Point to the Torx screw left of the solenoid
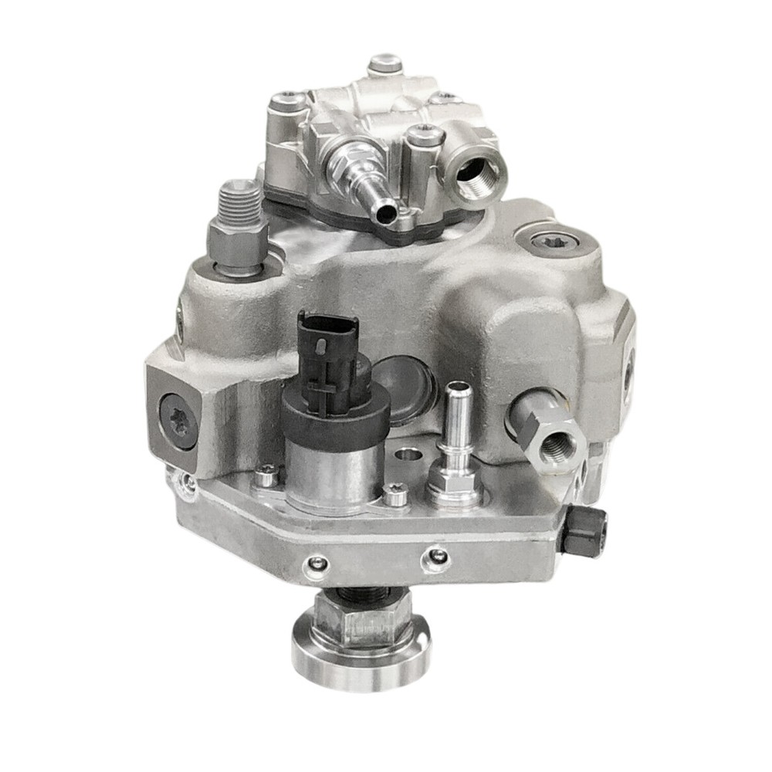click(266, 476)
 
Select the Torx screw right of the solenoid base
click(395, 494)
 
